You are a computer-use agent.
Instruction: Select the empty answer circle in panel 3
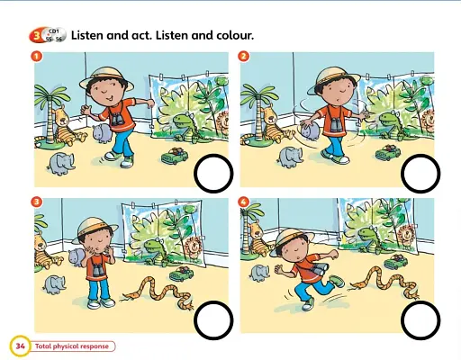coord(212,318)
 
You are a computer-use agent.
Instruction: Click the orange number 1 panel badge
coord(37,56)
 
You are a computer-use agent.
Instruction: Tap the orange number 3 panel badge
coord(37,202)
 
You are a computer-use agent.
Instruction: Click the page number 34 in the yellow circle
coord(20,346)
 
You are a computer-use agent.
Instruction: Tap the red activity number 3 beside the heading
coord(36,35)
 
